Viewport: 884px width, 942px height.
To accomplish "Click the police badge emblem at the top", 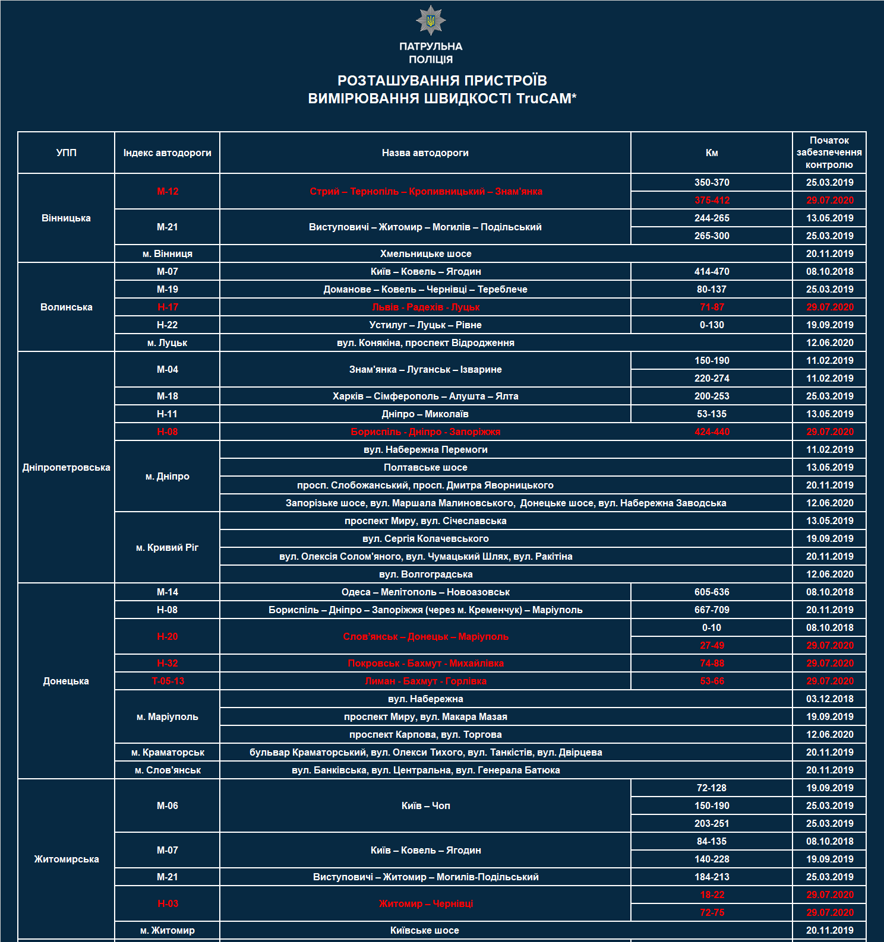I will (431, 21).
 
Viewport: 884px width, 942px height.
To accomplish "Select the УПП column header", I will (66, 153).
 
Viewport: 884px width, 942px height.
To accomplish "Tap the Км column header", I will (712, 153).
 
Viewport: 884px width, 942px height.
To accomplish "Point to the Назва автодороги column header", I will (425, 153).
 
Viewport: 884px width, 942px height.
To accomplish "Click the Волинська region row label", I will (66, 307).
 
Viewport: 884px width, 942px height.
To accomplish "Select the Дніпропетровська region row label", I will (66, 467).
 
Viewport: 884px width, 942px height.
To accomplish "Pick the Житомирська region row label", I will (66, 859).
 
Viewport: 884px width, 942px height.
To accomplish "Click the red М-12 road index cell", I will (168, 191).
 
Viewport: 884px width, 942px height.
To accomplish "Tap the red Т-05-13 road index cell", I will (168, 681).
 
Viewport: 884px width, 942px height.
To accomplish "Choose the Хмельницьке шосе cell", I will (425, 253).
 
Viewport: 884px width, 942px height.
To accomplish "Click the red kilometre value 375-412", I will (712, 200).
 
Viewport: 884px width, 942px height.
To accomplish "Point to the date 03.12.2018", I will (829, 699).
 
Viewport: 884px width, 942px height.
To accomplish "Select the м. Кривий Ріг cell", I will (168, 547).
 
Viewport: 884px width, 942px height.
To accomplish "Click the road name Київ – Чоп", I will (425, 805).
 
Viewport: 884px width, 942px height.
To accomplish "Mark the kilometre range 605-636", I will (712, 592).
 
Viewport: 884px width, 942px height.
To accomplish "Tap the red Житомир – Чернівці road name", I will (425, 903).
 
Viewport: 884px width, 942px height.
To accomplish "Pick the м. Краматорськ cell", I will (168, 752).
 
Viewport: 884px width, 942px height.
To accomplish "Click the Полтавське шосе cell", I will (425, 467).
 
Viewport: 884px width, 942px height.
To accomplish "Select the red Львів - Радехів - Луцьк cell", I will (425, 307).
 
